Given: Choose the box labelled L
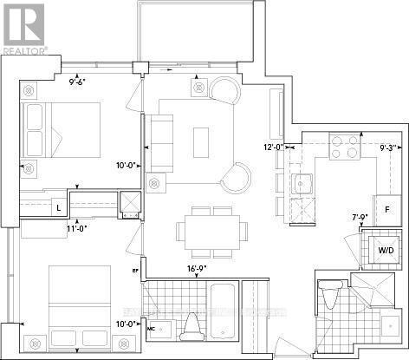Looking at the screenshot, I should [x=57, y=208].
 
